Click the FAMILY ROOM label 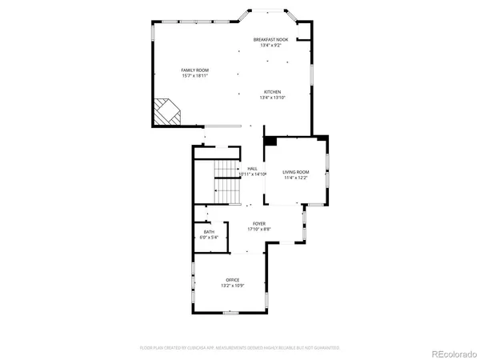[194, 71]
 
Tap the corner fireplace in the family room [168, 111]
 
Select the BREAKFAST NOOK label [270, 39]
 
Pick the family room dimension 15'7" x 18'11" [194, 77]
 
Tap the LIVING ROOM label [296, 172]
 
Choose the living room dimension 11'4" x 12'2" [296, 178]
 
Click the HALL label [252, 169]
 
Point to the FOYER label [259, 224]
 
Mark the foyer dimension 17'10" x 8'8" [259, 230]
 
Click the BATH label [209, 232]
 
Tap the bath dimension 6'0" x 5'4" [209, 238]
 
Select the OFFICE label [232, 279]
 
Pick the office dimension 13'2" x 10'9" [232, 285]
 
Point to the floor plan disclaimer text [239, 348]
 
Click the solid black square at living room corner [270, 141]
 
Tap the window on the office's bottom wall [231, 313]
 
